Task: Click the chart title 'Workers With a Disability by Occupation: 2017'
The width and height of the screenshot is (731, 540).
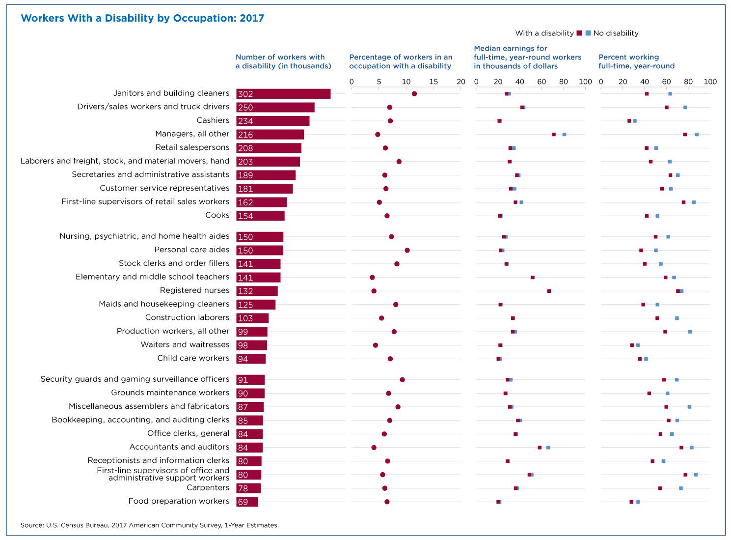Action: coord(142,18)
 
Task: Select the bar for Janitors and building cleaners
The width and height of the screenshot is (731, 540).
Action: coord(283,94)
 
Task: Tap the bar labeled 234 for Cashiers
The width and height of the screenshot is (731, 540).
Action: coord(272,121)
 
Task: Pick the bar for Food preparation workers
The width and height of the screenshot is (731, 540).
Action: coord(247,502)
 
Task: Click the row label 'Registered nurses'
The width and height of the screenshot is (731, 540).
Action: coord(194,290)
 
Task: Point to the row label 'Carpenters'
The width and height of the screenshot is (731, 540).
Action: coord(208,487)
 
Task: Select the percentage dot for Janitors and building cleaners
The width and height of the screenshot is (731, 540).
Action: coord(414,94)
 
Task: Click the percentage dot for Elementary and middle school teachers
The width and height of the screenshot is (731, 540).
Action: coord(372,278)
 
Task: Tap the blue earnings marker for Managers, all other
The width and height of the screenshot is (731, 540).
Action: coord(564,134)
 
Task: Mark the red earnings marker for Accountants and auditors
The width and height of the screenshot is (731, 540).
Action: coord(540,448)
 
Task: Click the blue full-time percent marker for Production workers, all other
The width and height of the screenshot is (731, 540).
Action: coord(690,332)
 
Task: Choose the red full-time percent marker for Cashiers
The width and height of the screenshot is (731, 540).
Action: coord(629,121)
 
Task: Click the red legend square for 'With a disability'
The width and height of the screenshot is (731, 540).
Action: coord(579,33)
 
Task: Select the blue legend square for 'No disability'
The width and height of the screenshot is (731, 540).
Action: coord(588,33)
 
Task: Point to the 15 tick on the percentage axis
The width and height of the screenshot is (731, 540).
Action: coord(433,82)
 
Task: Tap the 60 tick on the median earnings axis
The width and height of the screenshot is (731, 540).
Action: coord(541,82)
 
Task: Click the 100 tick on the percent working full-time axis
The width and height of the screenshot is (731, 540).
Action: coord(710,82)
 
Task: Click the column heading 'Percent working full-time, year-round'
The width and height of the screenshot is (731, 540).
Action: coord(636,61)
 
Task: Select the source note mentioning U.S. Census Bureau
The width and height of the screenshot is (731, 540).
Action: coord(150,525)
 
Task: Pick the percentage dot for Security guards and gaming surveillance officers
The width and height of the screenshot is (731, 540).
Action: coord(402,380)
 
